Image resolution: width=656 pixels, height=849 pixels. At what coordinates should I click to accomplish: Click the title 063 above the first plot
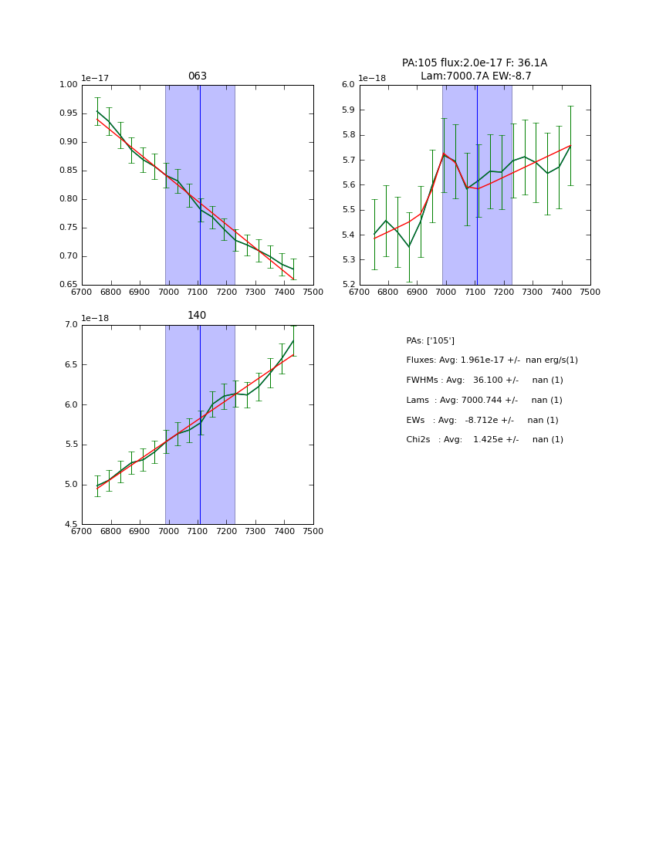click(197, 76)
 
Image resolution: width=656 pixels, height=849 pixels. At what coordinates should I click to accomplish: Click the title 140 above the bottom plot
click(197, 316)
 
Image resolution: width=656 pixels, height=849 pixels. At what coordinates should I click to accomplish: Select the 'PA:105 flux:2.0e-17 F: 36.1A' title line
click(475, 63)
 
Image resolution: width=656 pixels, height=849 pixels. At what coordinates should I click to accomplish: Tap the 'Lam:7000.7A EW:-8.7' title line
click(475, 76)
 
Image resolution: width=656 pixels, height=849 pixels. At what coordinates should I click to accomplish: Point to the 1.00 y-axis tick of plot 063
click(69, 85)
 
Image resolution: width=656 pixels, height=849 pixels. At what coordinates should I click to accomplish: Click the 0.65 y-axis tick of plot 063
click(69, 285)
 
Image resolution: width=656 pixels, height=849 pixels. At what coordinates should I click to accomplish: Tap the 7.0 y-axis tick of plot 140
click(71, 325)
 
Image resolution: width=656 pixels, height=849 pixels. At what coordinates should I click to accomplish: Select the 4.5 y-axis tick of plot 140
click(71, 525)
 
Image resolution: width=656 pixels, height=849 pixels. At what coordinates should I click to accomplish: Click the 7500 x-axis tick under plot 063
click(313, 292)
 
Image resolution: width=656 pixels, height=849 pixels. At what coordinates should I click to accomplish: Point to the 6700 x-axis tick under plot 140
click(82, 532)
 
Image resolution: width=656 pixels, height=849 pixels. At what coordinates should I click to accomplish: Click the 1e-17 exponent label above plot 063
click(95, 78)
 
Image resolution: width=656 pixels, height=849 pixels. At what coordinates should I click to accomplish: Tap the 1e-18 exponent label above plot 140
click(95, 318)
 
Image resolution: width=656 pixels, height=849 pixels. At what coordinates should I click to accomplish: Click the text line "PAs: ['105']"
click(430, 340)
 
